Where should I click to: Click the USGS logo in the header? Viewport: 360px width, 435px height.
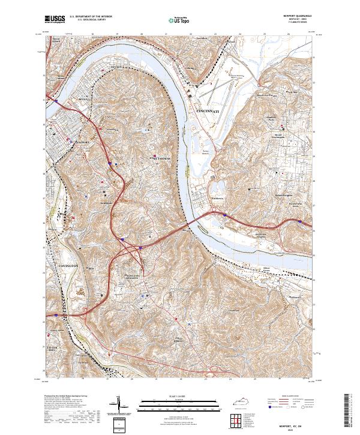55,19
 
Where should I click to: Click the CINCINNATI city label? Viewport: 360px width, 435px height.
209,112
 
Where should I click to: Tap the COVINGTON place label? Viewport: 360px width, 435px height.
68,265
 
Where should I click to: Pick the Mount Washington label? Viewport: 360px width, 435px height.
278,135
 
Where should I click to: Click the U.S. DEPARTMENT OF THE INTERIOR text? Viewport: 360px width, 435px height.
91,16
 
